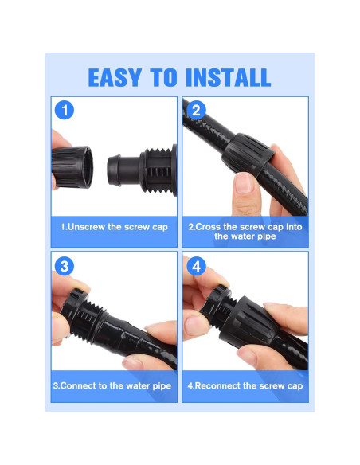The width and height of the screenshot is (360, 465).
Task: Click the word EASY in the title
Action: [114, 78]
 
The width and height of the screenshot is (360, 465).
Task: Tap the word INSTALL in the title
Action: [228, 78]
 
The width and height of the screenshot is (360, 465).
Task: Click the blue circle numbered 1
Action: [65, 111]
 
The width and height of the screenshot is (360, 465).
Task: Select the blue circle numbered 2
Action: [196, 111]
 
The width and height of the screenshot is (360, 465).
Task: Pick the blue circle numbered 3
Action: [65, 266]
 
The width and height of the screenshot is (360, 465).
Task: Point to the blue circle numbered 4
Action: [196, 266]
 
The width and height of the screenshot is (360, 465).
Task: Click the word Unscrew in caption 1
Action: [86, 227]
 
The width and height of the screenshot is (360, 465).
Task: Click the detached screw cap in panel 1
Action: [72, 167]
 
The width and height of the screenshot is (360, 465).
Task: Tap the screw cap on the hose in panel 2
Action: [248, 154]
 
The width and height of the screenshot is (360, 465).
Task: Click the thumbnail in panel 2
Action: [244, 182]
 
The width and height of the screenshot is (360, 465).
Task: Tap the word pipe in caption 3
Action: [162, 386]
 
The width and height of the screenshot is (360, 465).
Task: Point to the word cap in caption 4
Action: [295, 386]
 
